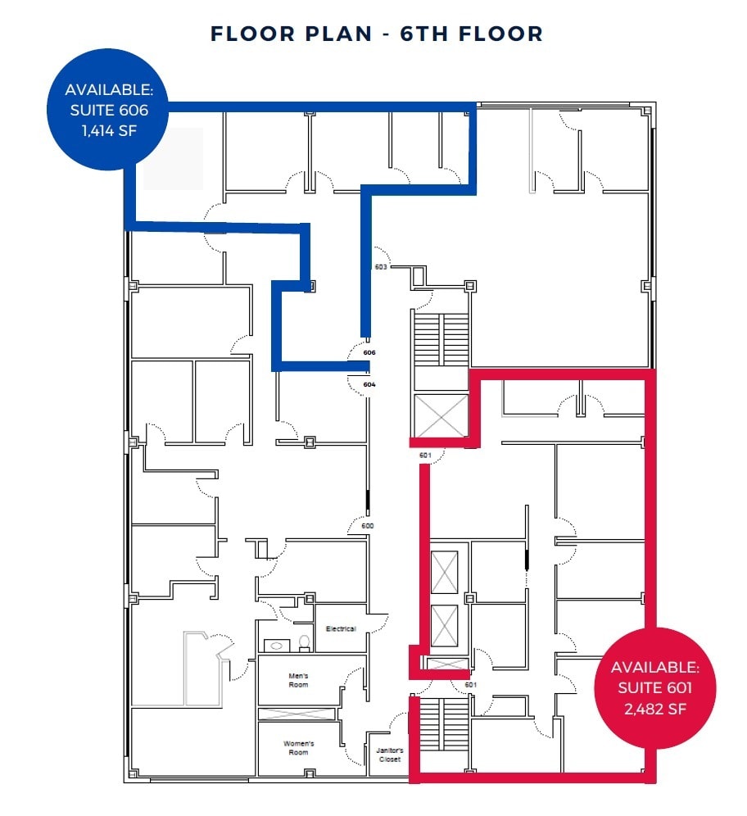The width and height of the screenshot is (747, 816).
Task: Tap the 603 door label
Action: (x=380, y=267)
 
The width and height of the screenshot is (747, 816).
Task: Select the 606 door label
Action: (x=369, y=352)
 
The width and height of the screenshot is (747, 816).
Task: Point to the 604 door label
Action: (x=369, y=383)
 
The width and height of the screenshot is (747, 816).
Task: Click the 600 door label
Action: (x=369, y=526)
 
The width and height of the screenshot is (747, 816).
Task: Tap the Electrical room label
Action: (x=341, y=628)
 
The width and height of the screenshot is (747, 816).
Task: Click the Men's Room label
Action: (x=297, y=680)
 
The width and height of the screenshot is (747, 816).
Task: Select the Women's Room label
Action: (x=298, y=747)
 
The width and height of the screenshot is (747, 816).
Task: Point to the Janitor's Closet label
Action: (x=390, y=755)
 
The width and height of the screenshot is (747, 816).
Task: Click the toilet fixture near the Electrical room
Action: (x=304, y=643)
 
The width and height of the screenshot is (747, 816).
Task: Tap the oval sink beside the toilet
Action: (x=274, y=646)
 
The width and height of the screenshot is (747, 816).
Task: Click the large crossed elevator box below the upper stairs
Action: (x=441, y=415)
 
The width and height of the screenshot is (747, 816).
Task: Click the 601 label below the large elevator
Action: (x=425, y=456)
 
